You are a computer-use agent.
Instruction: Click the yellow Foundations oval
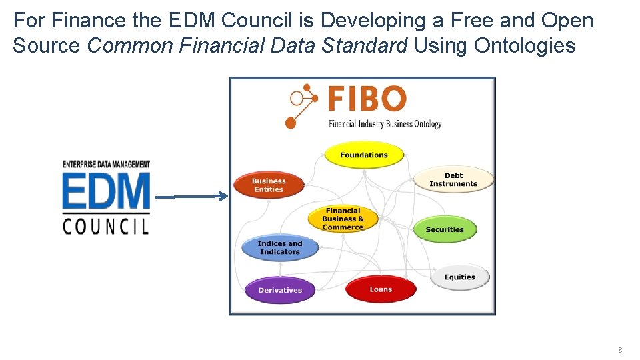click(x=364, y=155)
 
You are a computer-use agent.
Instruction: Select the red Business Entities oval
click(x=269, y=185)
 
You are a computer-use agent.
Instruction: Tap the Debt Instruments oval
click(x=453, y=179)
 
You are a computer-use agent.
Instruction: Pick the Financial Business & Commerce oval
click(x=343, y=219)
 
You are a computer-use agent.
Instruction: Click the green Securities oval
click(x=445, y=229)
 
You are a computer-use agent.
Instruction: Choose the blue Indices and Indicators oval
click(x=280, y=247)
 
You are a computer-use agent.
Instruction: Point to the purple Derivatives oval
click(x=280, y=290)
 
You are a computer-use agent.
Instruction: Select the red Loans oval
click(x=381, y=289)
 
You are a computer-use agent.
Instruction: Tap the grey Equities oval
click(x=460, y=277)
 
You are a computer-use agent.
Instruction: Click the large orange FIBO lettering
click(x=367, y=99)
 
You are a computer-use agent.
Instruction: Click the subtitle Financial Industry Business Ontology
click(x=385, y=123)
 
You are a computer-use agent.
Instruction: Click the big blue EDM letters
click(x=107, y=191)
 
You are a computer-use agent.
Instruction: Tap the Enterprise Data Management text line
click(x=106, y=164)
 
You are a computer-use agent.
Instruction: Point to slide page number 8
click(x=620, y=350)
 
